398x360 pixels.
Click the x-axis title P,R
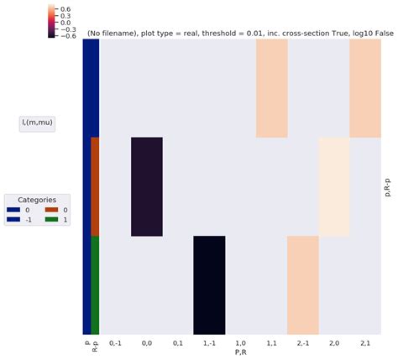click(x=240, y=352)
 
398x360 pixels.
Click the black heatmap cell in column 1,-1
click(x=209, y=285)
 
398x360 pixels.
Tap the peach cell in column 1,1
click(x=271, y=87)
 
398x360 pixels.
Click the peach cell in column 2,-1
click(x=302, y=285)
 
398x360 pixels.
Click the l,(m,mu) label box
click(x=37, y=123)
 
